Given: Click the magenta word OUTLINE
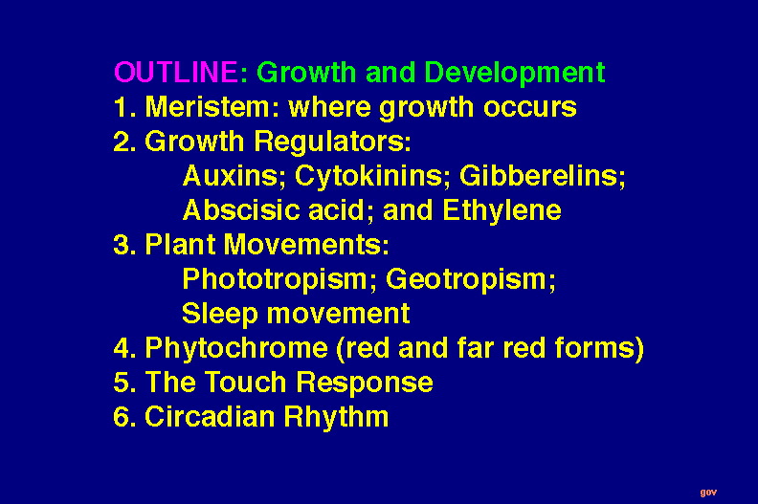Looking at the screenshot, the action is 175,72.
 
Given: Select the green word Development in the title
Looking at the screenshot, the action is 514,74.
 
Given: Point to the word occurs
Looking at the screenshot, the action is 530,108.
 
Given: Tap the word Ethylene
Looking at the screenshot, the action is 502,211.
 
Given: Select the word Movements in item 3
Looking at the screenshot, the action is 306,245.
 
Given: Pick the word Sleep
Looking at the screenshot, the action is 220,315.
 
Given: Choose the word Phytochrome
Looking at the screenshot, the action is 236,349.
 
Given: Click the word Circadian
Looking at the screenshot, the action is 211,417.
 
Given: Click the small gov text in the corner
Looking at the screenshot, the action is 708,493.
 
